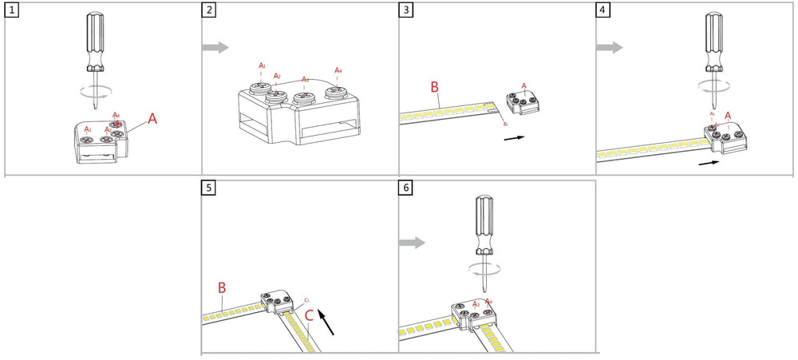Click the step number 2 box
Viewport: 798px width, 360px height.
(209, 10)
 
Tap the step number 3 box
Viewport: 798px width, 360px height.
(407, 10)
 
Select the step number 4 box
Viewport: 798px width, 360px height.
(604, 10)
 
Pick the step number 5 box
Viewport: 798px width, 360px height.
(209, 188)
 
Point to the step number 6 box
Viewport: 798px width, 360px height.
(407, 188)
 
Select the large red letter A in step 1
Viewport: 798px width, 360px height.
(152, 119)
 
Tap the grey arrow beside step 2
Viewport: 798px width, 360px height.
(215, 48)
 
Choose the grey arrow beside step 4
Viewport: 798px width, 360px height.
(610, 48)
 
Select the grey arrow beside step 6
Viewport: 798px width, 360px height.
(413, 243)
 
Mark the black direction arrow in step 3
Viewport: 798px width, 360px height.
(515, 137)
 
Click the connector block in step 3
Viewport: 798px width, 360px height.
(523, 103)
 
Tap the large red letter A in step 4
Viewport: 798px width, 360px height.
(728, 115)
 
